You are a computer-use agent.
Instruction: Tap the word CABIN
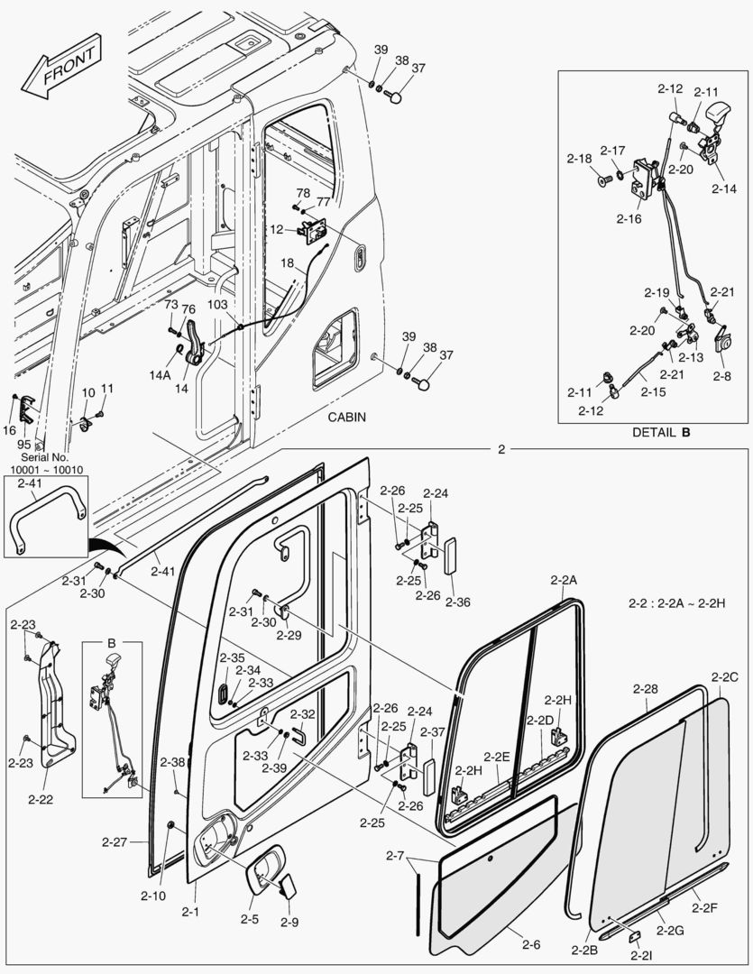coord(349,418)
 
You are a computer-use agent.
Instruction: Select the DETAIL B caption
coord(660,432)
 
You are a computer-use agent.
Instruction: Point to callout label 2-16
coord(629,218)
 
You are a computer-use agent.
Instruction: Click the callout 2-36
coord(457,602)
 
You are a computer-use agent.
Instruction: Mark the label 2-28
coord(645,689)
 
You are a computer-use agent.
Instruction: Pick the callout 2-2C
coord(724,676)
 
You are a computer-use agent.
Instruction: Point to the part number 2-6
coord(531,944)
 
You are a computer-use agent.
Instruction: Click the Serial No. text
coord(39,458)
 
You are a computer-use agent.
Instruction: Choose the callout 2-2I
coord(641,955)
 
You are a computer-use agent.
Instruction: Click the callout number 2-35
coord(232,657)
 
